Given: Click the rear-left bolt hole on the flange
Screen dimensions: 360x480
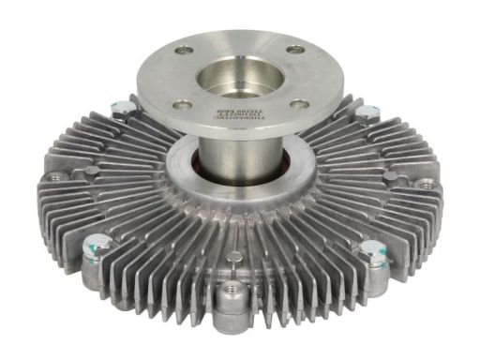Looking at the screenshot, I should click(184, 50).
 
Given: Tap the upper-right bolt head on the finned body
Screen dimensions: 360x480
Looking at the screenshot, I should click(365, 114).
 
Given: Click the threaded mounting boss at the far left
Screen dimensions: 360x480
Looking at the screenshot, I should click(59, 177).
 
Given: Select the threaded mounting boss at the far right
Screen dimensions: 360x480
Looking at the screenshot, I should click(426, 185).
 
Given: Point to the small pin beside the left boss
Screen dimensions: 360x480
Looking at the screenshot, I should click(91, 172).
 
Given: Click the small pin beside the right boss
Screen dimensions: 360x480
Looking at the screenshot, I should click(389, 175).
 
